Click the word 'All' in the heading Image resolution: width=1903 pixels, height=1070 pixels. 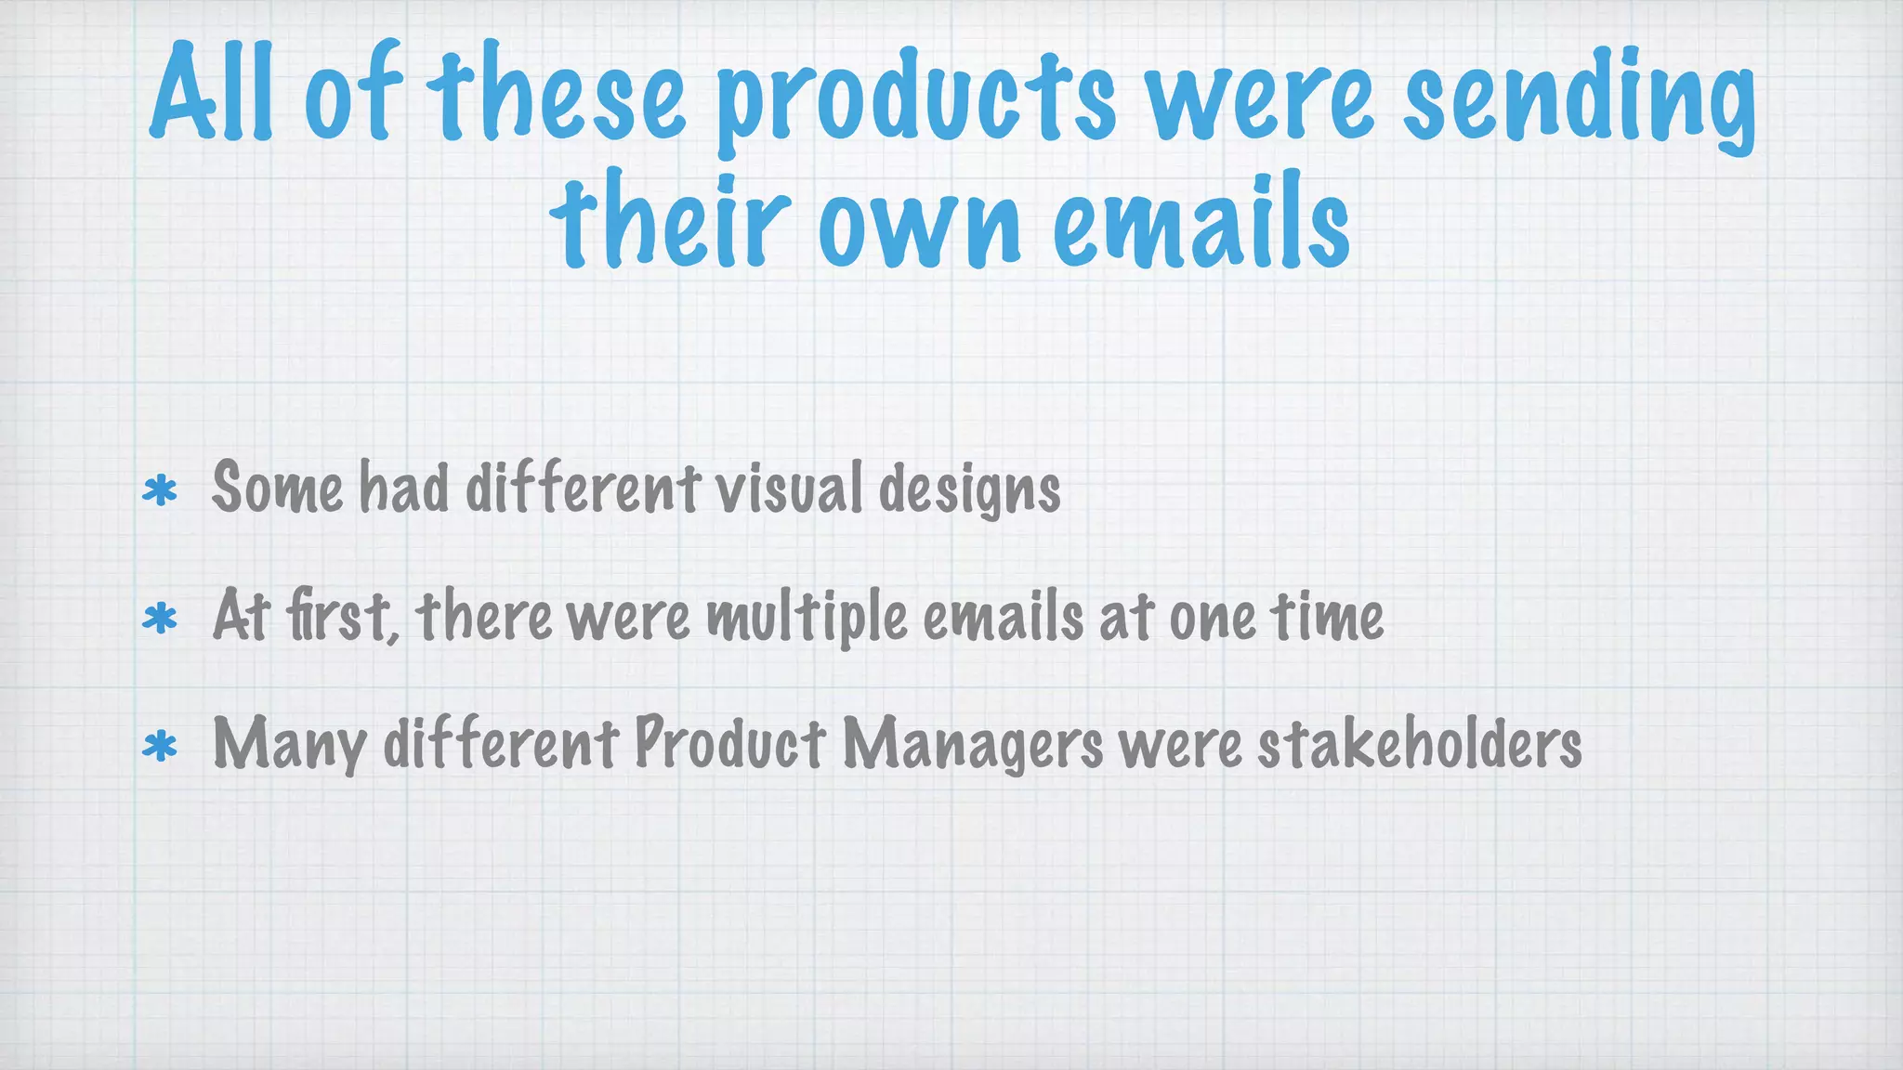point(212,93)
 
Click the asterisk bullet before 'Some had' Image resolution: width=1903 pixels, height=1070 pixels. point(160,489)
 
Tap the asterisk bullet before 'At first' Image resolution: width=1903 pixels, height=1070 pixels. point(160,618)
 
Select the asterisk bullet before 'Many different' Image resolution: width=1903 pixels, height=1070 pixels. point(160,746)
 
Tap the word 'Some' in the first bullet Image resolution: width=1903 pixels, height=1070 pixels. point(277,488)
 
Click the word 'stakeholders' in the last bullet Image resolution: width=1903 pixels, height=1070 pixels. point(1419,744)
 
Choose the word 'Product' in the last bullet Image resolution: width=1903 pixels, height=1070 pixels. point(729,744)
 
